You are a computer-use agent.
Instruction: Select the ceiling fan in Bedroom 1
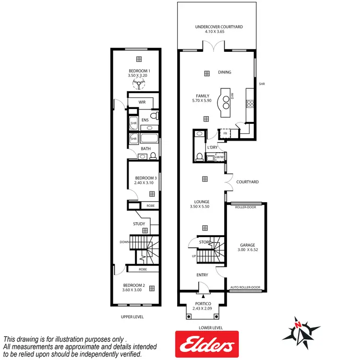point(139,85)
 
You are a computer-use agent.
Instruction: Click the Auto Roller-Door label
point(245,288)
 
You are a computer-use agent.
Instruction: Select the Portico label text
point(201,303)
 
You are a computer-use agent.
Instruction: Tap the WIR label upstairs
point(142,102)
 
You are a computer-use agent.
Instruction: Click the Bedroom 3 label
point(143,177)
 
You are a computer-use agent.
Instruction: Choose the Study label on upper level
point(139,224)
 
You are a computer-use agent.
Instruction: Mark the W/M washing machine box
point(220,157)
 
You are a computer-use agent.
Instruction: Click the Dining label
point(225,72)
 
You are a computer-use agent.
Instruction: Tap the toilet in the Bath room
point(153,156)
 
